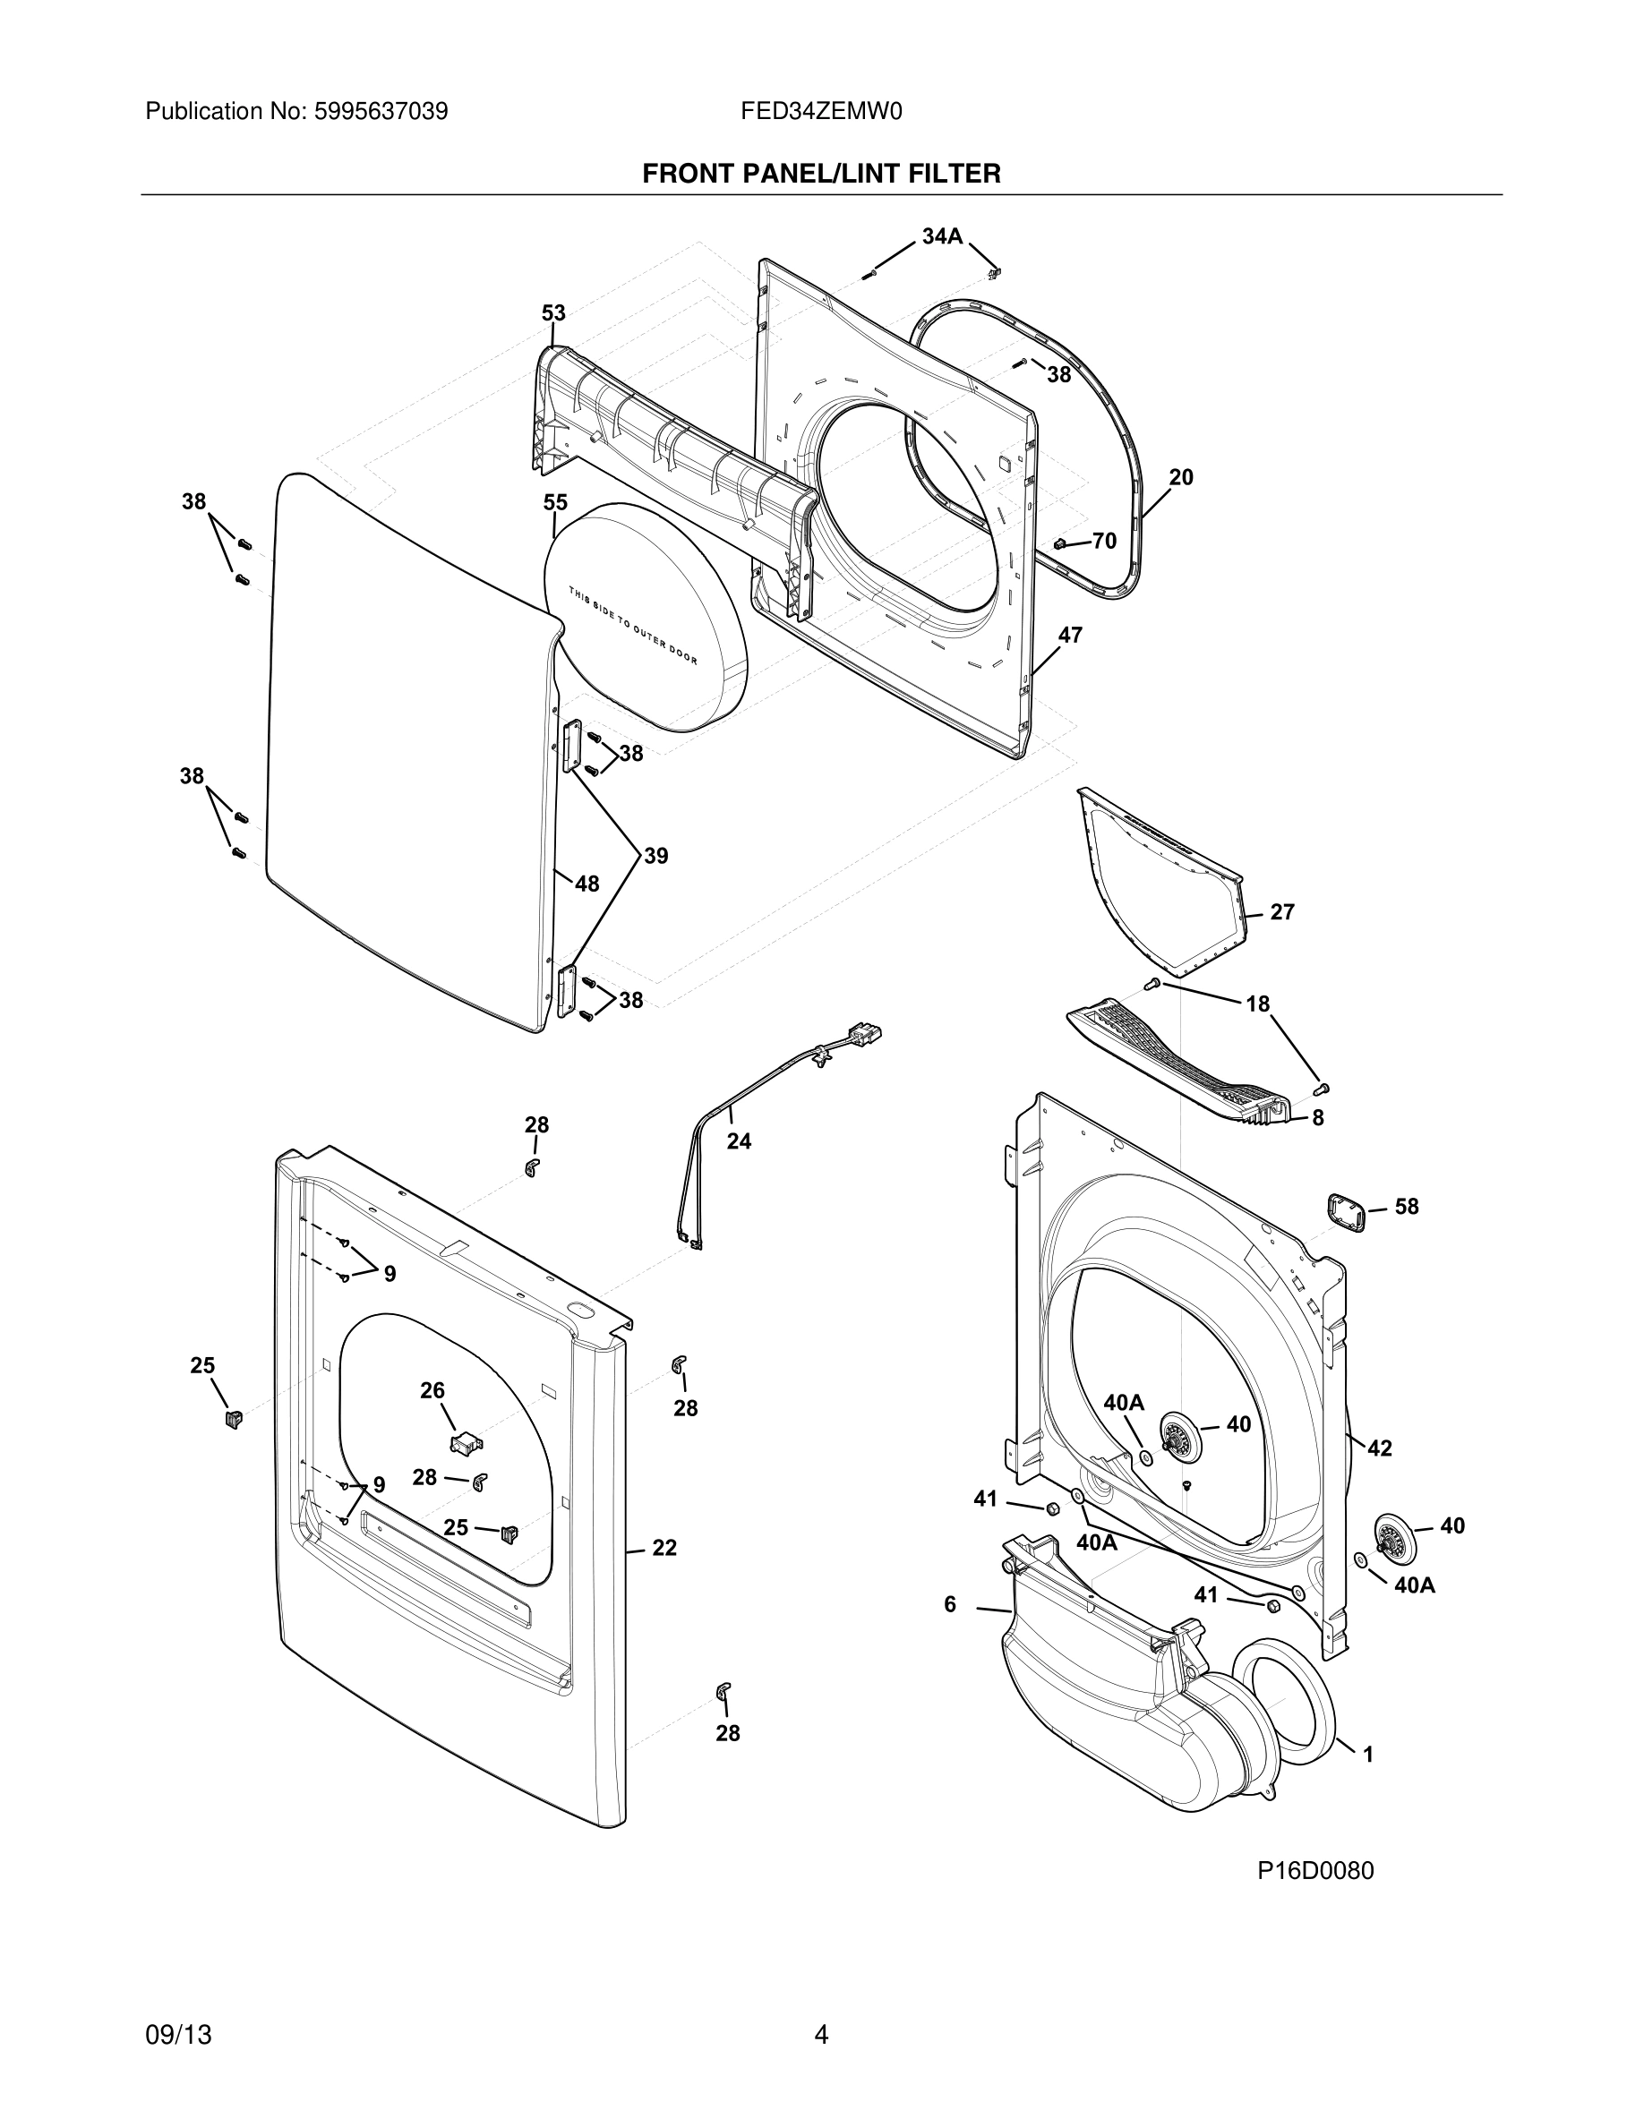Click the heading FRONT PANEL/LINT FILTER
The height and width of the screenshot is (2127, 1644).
(x=821, y=174)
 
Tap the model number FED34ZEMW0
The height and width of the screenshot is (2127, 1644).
(x=821, y=111)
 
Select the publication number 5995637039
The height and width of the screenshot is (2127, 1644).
(x=381, y=111)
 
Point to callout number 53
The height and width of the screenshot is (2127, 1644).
(x=553, y=312)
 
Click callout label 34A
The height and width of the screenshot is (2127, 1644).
(x=942, y=235)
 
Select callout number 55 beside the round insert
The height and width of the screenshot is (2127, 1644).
(x=555, y=502)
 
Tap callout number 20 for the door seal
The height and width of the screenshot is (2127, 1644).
(x=1180, y=477)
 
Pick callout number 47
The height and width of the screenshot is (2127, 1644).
(x=1069, y=635)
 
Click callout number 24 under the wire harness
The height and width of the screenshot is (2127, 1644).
(x=738, y=1140)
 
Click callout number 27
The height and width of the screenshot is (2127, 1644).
(x=1281, y=911)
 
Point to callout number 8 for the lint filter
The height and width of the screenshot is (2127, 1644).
(x=1317, y=1118)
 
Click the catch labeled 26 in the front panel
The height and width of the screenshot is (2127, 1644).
(x=467, y=1442)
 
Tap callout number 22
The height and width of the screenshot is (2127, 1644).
(x=664, y=1548)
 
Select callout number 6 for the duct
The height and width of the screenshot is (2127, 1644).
(x=949, y=1604)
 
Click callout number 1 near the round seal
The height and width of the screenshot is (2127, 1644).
(x=1367, y=1754)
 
